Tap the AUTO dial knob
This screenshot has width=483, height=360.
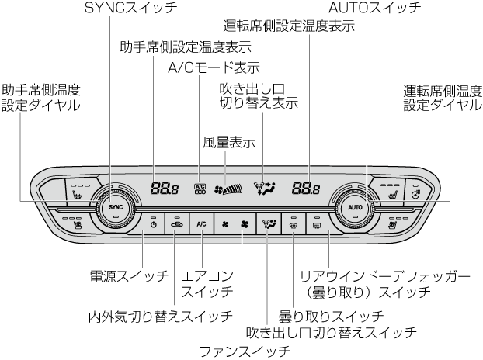(356, 208)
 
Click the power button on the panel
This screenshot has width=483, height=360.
(154, 224)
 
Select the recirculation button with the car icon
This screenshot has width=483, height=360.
(178, 224)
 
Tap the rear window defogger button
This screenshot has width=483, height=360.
(317, 224)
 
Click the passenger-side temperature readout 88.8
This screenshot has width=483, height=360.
(164, 188)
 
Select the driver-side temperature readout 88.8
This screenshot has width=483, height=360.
(307, 188)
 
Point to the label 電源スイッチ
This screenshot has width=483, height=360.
(129, 275)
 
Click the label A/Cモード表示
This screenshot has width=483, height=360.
(214, 68)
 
